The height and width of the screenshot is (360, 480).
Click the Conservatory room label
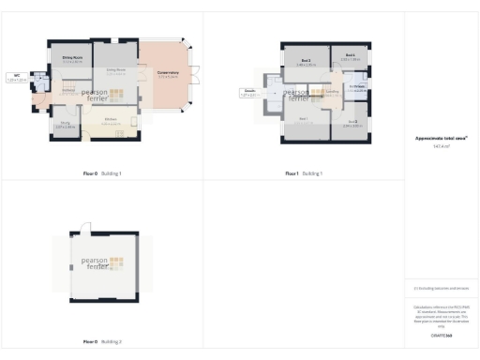click(169, 74)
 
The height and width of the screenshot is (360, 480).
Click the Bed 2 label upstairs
click(306, 63)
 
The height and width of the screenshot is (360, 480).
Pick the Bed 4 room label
click(350, 56)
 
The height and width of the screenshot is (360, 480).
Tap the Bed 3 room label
click(351, 122)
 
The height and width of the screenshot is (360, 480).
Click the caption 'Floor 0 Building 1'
click(103, 173)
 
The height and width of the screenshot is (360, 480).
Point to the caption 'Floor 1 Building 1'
click(304, 173)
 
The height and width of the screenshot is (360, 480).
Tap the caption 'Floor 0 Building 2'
click(103, 340)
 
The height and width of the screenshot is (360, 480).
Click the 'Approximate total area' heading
click(441, 138)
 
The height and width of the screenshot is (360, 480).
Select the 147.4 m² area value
click(441, 146)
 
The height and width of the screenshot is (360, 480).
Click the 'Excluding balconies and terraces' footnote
click(441, 288)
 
